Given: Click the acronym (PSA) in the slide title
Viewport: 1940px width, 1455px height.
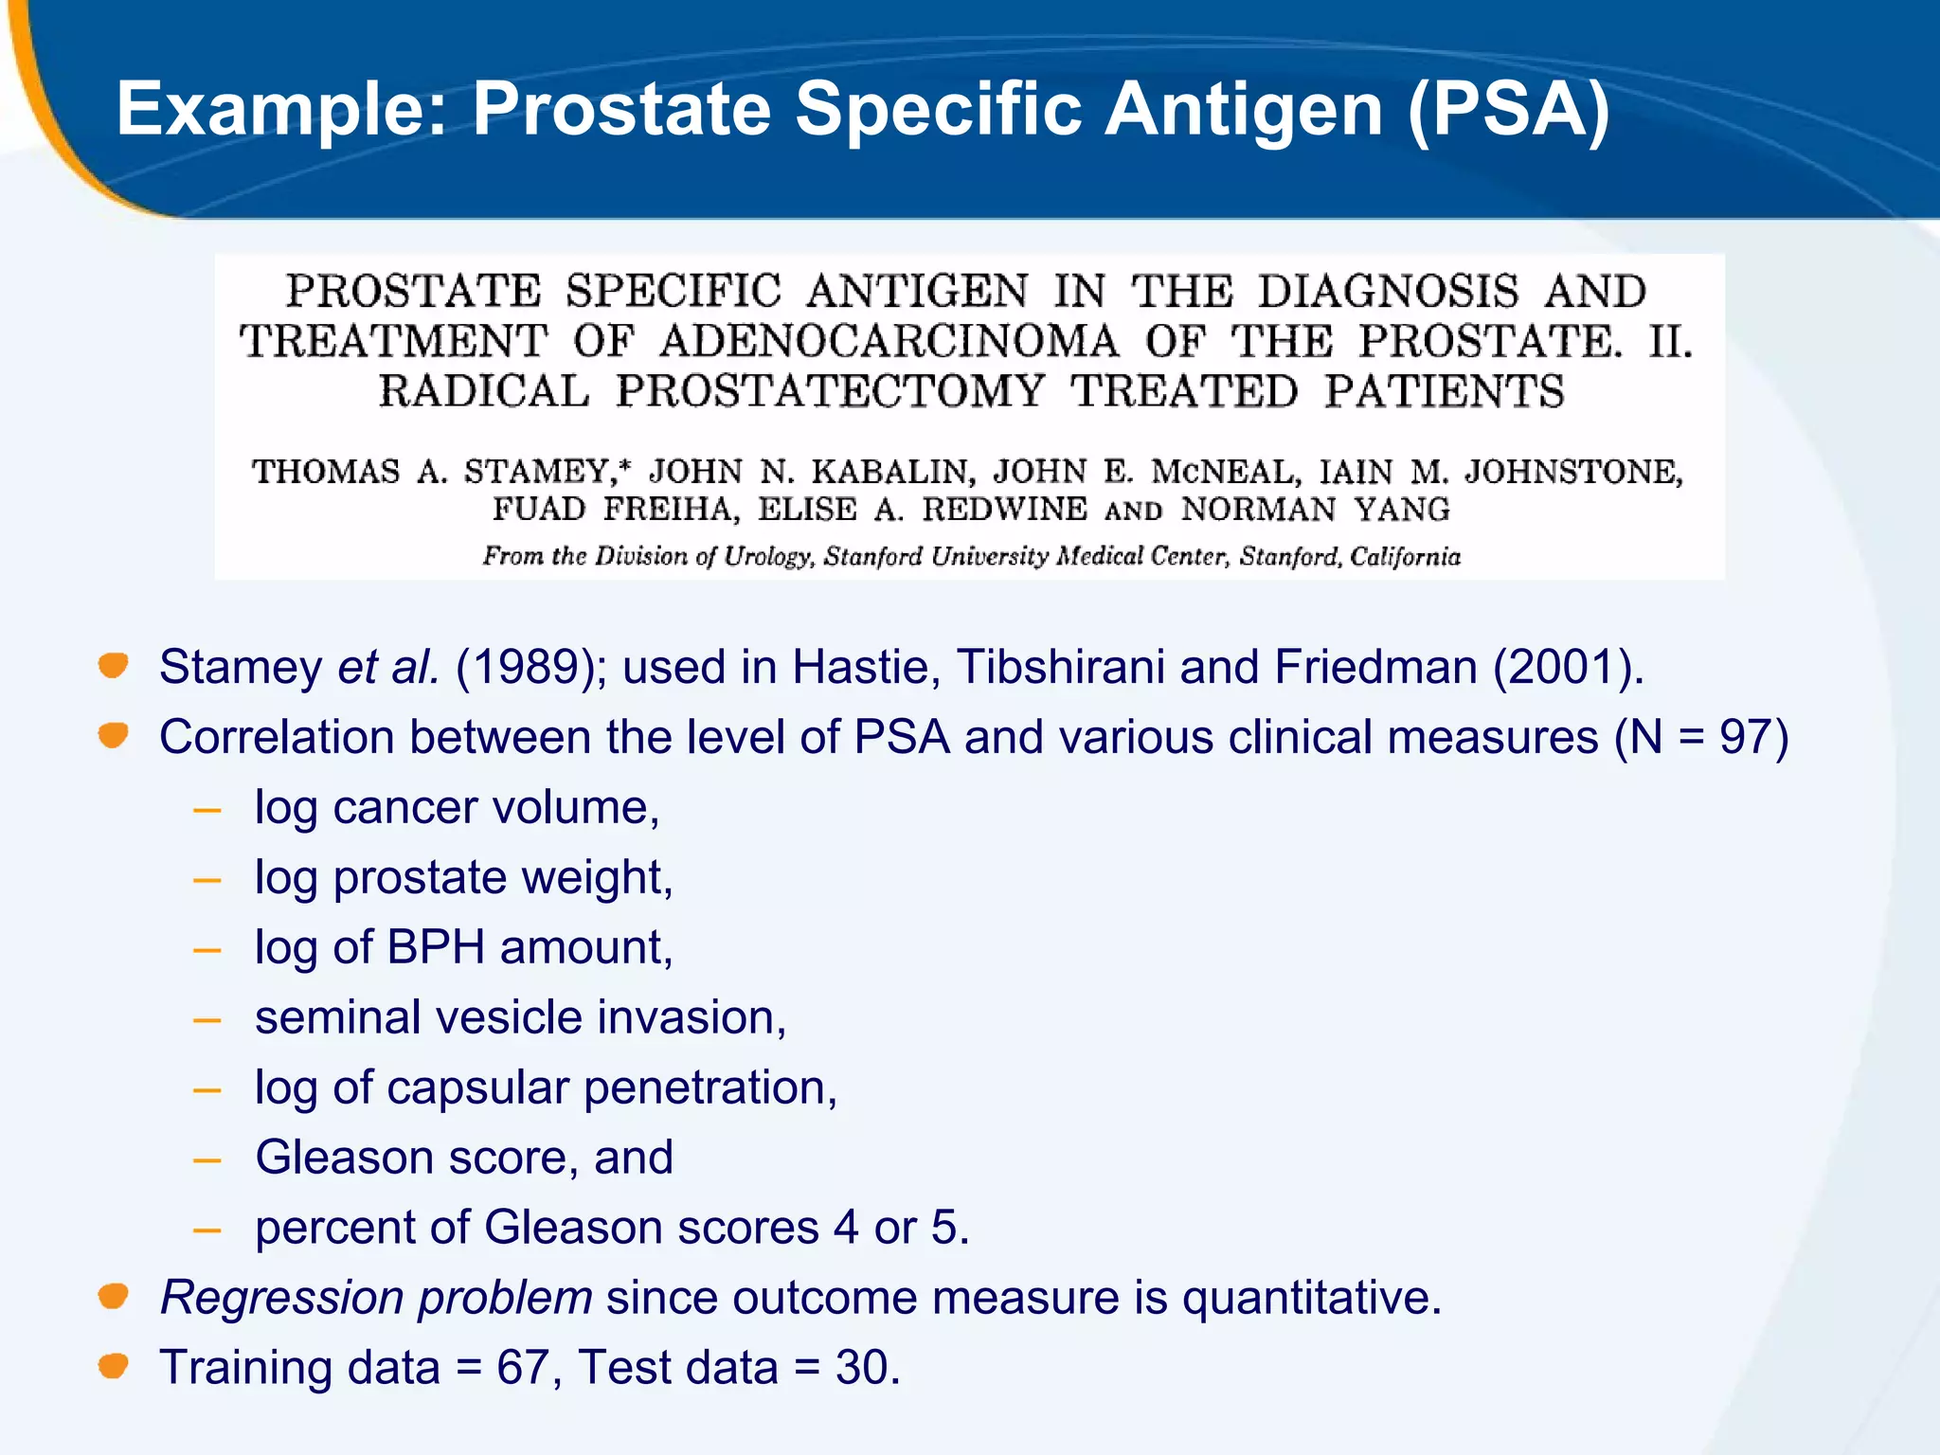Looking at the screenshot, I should click(1508, 110).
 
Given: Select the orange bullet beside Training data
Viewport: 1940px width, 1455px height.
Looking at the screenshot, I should click(114, 1366).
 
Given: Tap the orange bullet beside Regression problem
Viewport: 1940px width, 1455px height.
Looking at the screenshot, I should click(114, 1296).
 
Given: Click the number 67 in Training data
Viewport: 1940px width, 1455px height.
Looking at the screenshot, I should click(524, 1368).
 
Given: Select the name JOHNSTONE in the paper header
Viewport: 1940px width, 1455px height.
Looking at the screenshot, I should click(1572, 472).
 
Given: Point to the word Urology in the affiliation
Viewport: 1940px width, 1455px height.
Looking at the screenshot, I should click(768, 556).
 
